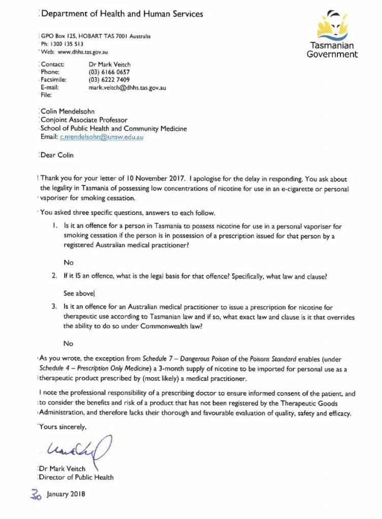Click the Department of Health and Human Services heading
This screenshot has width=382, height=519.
[122, 14]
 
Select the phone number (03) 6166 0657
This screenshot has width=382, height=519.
[109, 72]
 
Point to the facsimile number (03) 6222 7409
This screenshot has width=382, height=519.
[109, 80]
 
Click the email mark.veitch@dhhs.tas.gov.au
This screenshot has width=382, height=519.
[127, 87]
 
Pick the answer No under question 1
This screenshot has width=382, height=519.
[68, 263]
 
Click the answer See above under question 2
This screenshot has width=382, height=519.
[79, 293]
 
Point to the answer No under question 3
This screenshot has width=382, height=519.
[68, 343]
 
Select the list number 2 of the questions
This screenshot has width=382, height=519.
[54, 277]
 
